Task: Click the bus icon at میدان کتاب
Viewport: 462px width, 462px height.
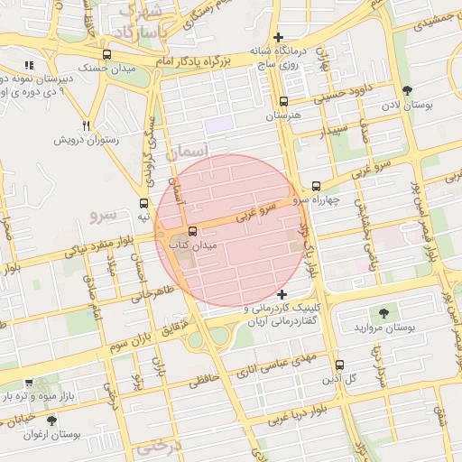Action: [x=191, y=231]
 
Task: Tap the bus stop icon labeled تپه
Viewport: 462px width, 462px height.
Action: [x=143, y=204]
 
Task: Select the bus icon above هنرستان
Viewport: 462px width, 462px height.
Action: [x=284, y=102]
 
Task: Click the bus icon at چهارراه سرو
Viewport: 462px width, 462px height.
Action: [x=315, y=186]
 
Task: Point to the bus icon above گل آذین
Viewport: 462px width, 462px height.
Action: [x=339, y=365]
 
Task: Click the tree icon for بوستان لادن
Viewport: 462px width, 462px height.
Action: [x=408, y=90]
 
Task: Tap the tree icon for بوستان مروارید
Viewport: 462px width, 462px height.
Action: [x=384, y=312]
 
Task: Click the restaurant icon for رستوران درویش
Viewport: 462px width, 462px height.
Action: [x=86, y=125]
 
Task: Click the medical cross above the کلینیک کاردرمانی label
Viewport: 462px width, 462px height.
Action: [x=282, y=295]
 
